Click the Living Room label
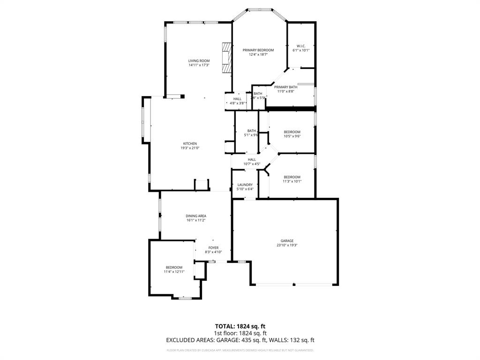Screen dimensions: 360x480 coord(199,61)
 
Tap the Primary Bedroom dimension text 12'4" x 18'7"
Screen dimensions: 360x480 coord(258,54)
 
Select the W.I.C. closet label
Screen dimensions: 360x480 coord(301,46)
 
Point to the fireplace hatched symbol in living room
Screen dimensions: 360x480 coord(227,58)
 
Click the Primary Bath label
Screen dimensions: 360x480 coord(285,87)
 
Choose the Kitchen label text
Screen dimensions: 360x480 coord(190,143)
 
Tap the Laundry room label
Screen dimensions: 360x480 coord(245,185)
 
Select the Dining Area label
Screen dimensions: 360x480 coord(196,216)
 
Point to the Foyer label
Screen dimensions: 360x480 coord(213,248)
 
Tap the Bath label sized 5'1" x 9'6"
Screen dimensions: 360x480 coord(252,133)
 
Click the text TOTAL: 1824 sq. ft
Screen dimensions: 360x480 coord(240,326)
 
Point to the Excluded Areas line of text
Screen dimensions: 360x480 coord(240,340)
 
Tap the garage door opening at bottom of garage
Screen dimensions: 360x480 coord(294,284)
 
